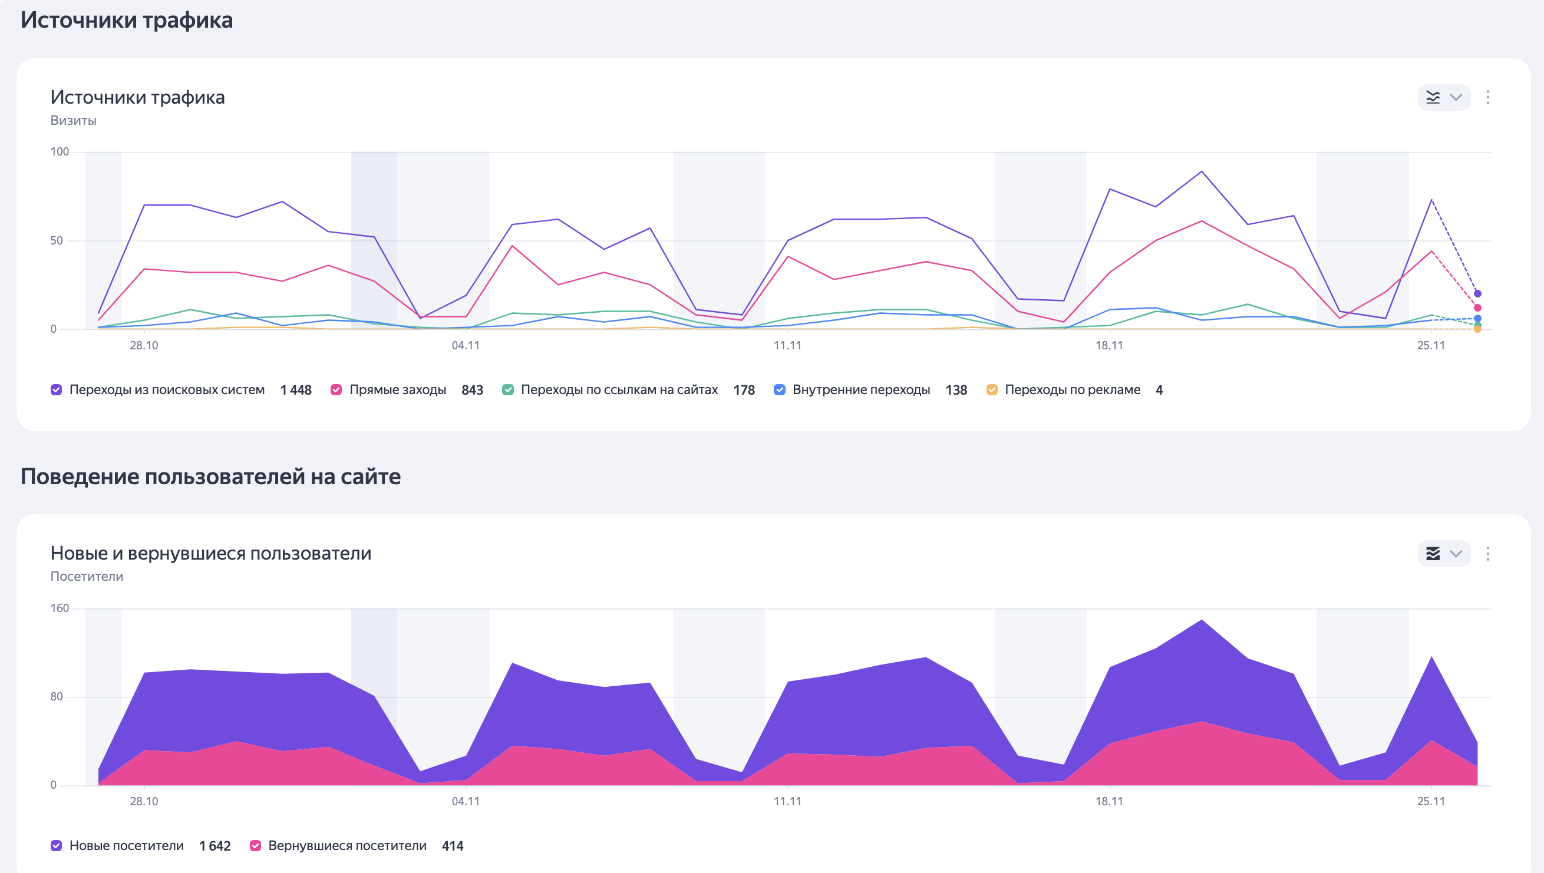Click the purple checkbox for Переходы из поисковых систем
click(x=57, y=390)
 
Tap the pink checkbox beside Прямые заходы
click(x=336, y=390)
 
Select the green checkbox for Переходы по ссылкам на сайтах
click(x=508, y=390)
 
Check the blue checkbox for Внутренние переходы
click(x=780, y=390)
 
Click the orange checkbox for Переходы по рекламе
click(x=992, y=390)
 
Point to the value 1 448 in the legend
click(x=296, y=391)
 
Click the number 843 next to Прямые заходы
click(x=472, y=391)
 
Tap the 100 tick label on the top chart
click(x=60, y=152)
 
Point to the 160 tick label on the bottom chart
click(x=60, y=608)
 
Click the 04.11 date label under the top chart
click(x=466, y=345)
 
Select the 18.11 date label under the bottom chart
click(x=1109, y=801)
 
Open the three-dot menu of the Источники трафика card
click(x=1487, y=98)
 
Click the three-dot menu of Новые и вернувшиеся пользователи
click(x=1487, y=553)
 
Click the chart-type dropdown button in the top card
click(x=1444, y=98)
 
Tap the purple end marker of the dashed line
click(x=1477, y=294)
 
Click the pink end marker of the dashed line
click(x=1477, y=307)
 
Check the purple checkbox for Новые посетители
click(x=57, y=845)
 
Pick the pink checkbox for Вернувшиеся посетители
click(x=256, y=845)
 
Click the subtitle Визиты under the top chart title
click(x=73, y=121)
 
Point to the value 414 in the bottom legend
click(x=452, y=846)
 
